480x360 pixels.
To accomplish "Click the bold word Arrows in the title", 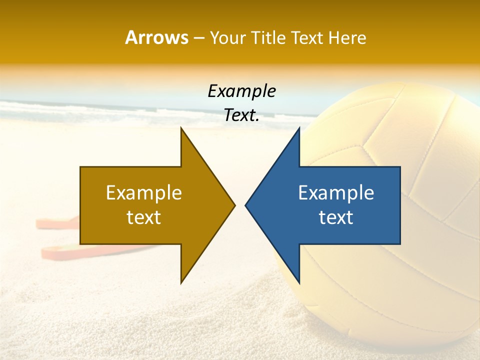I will point(156,37).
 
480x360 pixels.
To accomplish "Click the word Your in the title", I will point(227,37).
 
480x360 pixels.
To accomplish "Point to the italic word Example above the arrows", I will point(241,91).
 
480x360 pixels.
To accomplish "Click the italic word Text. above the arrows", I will point(241,115).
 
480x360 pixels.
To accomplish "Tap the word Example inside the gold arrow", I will point(144,192).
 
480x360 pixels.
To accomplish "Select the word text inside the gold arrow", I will point(144,217).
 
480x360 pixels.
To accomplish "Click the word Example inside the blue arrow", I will point(336,192).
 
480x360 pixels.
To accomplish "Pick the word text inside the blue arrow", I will point(336,217).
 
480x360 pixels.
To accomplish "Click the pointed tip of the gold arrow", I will point(234,205).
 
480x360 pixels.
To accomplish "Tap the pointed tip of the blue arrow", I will point(246,205).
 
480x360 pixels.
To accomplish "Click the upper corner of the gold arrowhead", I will point(181,129).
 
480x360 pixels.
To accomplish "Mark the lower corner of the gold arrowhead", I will point(181,282).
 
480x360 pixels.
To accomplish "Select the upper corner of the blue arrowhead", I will point(299,129).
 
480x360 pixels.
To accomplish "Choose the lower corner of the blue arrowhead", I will point(299,282).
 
